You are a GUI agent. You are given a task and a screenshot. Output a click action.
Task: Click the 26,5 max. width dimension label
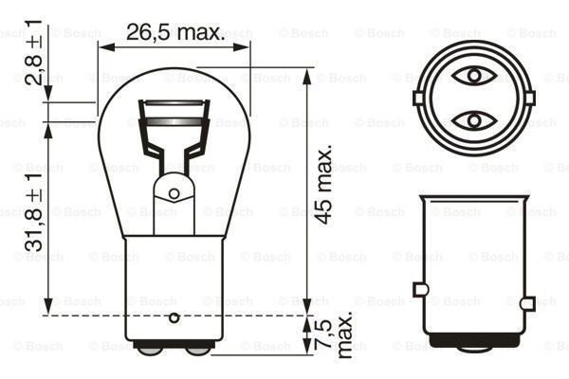pyautogui.click(x=174, y=33)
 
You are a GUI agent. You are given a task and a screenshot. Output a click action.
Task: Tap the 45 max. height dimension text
pyautogui.click(x=325, y=185)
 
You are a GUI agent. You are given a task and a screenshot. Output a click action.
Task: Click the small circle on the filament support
pyautogui.click(x=174, y=193)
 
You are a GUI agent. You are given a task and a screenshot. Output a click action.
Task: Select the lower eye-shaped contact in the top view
pyautogui.click(x=471, y=120)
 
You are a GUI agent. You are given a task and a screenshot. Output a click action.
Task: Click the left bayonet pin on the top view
pyautogui.click(x=418, y=97)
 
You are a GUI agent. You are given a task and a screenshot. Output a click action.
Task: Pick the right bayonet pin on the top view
pyautogui.click(x=524, y=97)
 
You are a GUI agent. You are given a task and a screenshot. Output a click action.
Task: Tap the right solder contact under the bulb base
pyautogui.click(x=197, y=349)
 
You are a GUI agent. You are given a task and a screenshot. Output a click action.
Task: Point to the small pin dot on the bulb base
pyautogui.click(x=173, y=316)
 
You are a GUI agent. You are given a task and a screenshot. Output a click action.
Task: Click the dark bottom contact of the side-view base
pyautogui.click(x=471, y=343)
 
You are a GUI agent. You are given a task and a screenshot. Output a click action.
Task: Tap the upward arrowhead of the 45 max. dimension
pyautogui.click(x=306, y=75)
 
